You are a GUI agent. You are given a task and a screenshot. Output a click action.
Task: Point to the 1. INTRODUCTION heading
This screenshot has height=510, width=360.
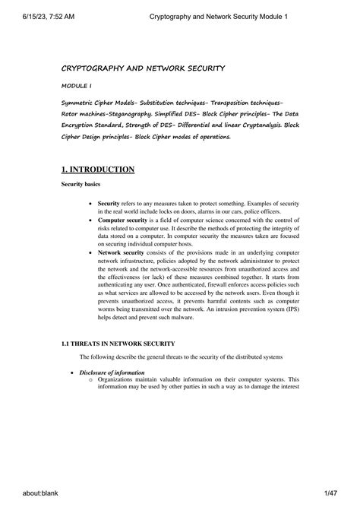98,169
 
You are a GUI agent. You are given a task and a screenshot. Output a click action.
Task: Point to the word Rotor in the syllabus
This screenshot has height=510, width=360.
72,112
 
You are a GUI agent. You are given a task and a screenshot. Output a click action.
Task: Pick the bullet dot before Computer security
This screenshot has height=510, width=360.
91,220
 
